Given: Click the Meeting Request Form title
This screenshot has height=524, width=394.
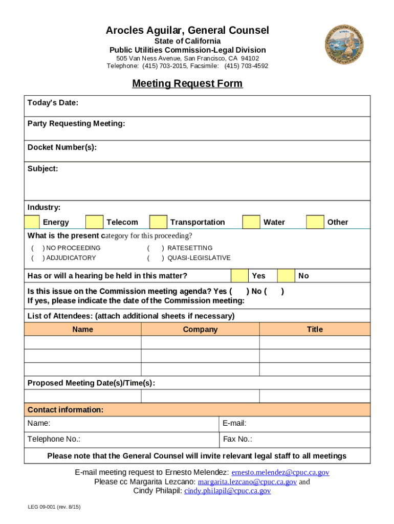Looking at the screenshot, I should [x=187, y=83].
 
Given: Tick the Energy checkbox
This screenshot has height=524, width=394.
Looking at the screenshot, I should [x=32, y=222].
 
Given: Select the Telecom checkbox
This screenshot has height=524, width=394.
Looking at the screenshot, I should [x=94, y=222].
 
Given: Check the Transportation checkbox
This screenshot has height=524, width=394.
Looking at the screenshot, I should [x=158, y=222].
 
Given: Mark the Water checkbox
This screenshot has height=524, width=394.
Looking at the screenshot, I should [x=251, y=222].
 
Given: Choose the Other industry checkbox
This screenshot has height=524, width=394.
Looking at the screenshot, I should [x=315, y=222].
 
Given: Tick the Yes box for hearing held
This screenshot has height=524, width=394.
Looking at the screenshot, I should [x=239, y=275].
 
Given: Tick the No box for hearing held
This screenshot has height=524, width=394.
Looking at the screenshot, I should [x=286, y=275].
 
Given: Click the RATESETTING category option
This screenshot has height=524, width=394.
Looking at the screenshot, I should [x=189, y=248].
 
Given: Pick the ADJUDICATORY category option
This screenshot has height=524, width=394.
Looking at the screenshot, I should [x=71, y=258].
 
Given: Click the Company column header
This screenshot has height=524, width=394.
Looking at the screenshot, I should [x=200, y=329].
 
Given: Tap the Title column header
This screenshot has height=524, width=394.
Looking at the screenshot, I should [x=315, y=329].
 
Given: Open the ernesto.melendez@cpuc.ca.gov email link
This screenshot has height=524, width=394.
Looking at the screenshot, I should [x=280, y=472].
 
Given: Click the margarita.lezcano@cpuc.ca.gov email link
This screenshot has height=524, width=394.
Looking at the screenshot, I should [x=247, y=482].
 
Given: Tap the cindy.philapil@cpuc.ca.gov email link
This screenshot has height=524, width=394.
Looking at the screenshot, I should [x=227, y=491].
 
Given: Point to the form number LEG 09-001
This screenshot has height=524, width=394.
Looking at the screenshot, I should [x=54, y=507].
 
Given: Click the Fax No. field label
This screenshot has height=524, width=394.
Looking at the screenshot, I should [x=237, y=439].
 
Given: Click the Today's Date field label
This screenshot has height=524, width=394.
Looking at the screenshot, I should [x=53, y=103].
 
